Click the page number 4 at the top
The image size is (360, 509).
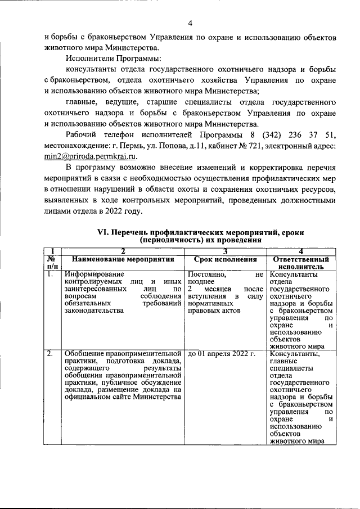click(x=190, y=23)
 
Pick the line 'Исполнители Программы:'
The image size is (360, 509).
click(x=113, y=58)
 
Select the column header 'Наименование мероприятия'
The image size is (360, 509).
click(x=123, y=259)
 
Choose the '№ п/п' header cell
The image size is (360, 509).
click(x=52, y=263)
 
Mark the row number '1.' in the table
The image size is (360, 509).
click(x=50, y=274)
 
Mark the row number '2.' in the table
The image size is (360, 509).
click(x=50, y=353)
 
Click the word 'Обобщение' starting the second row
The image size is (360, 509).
click(x=84, y=354)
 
